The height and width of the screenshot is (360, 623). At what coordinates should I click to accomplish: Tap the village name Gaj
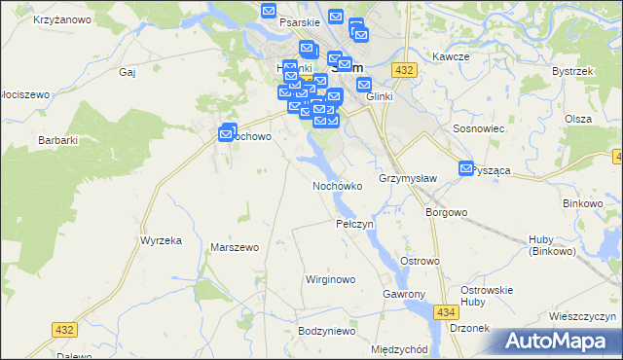(126, 71)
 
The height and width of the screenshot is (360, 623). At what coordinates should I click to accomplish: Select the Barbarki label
(57, 140)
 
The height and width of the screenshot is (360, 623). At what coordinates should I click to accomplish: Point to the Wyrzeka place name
(162, 239)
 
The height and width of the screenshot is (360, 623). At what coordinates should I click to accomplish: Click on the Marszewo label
(234, 247)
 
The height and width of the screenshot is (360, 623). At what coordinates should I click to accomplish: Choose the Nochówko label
(338, 185)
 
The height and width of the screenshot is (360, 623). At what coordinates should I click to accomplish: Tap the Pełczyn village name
(354, 224)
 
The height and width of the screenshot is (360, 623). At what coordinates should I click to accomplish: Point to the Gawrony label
(405, 294)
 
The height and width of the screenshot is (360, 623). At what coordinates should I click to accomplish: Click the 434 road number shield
(447, 311)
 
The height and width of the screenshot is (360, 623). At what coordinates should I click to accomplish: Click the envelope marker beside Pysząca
(465, 167)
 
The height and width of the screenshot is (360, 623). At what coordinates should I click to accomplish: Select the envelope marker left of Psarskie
(270, 11)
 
